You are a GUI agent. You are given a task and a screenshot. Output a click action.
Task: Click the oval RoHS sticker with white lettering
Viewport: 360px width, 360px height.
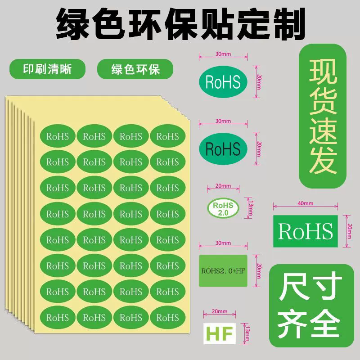pyautogui.click(x=223, y=81)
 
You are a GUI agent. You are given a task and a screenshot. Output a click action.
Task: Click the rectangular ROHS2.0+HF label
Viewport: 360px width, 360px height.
pyautogui.click(x=223, y=271)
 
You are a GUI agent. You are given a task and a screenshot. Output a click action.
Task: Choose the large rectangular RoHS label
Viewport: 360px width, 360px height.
pyautogui.click(x=305, y=231)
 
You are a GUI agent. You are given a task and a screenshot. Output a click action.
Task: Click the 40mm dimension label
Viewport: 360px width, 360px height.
pyautogui.click(x=305, y=203)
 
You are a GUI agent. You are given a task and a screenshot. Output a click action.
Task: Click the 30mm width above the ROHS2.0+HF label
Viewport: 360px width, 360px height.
pyautogui.click(x=223, y=243)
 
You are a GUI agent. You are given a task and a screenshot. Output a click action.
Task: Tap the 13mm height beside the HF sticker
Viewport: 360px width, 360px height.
pyautogui.click(x=247, y=333)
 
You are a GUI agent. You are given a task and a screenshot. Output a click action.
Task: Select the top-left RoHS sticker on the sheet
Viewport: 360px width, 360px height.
pyautogui.click(x=58, y=136)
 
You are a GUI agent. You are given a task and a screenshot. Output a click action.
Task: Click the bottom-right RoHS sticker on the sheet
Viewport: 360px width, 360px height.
pyautogui.click(x=167, y=318)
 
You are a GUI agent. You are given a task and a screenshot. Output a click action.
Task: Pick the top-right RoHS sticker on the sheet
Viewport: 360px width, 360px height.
pyautogui.click(x=167, y=136)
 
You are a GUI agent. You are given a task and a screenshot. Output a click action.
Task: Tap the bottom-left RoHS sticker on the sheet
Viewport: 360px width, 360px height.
pyautogui.click(x=58, y=318)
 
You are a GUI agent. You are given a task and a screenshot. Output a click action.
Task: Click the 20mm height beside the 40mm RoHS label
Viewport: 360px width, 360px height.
pyautogui.click(x=350, y=231)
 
